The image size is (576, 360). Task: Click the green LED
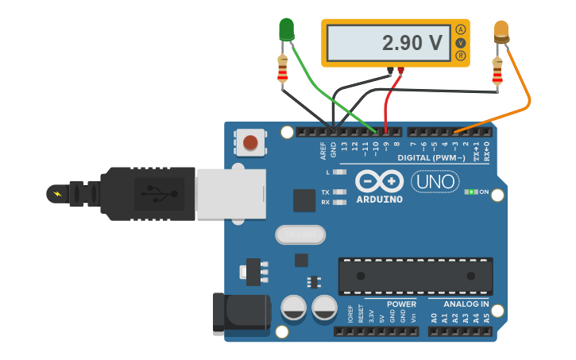[x=286, y=30]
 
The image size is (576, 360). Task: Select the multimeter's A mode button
[x=460, y=29]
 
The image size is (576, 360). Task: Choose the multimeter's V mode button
[x=460, y=43]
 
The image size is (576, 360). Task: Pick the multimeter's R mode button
[x=460, y=56]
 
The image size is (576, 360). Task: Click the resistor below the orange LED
[x=497, y=72]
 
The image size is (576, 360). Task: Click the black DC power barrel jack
[x=242, y=311]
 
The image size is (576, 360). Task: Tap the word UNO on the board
[x=435, y=182]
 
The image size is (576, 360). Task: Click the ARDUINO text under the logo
[x=379, y=199]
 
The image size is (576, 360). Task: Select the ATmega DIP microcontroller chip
[x=415, y=276]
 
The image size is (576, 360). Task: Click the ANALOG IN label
[x=467, y=304]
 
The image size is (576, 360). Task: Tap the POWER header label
[x=401, y=304]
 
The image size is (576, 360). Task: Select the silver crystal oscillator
[x=301, y=234]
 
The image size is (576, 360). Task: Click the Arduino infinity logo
[x=378, y=180]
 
